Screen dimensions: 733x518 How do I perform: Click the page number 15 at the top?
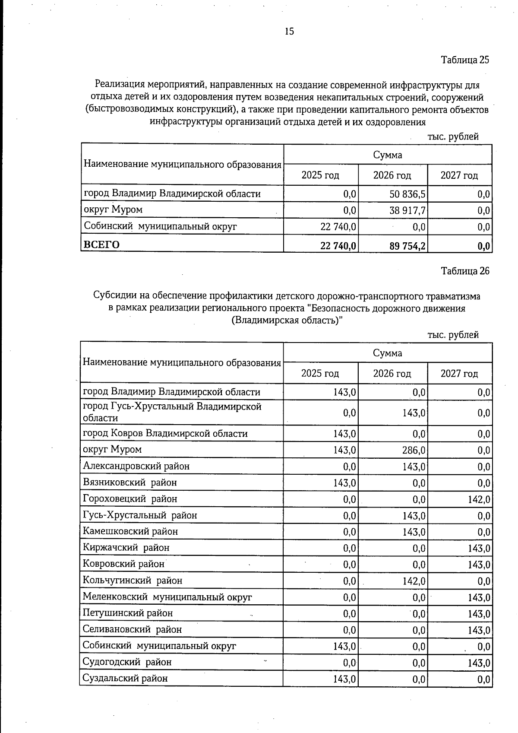(x=289, y=31)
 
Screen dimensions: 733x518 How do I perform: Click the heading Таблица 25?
(x=465, y=60)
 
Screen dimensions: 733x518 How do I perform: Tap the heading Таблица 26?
(x=465, y=271)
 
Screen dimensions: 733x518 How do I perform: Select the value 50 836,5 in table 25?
(x=407, y=194)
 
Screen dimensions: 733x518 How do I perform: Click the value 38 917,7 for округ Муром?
(x=407, y=210)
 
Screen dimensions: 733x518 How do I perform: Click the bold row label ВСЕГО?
(x=101, y=244)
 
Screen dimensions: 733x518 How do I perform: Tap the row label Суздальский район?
(x=125, y=678)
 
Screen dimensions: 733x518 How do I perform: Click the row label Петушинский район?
(x=128, y=613)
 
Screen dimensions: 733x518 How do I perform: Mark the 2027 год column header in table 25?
(x=459, y=175)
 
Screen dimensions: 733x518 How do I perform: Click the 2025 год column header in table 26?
(x=320, y=373)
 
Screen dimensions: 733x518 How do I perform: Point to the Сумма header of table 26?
(x=387, y=353)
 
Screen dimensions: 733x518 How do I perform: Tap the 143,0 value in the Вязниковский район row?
(x=344, y=483)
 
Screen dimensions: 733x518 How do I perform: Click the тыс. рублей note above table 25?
(x=453, y=136)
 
